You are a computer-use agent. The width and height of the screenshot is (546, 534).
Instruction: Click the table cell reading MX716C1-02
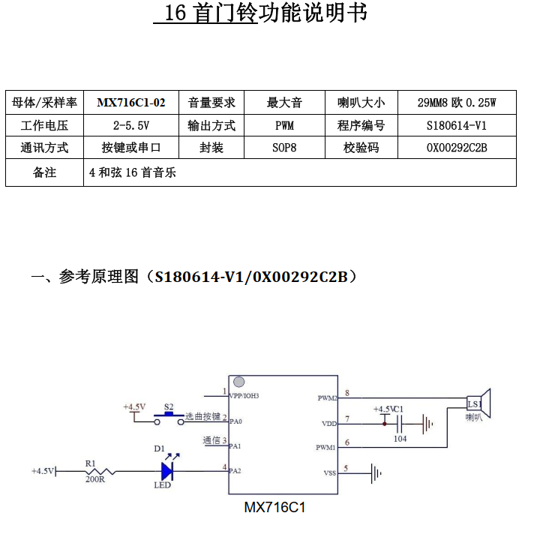[x=131, y=103]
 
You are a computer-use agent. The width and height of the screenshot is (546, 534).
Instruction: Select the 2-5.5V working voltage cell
[x=131, y=125]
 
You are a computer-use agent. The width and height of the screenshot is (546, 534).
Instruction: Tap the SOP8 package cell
[x=284, y=148]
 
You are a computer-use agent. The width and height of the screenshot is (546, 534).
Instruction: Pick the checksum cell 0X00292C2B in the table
[x=457, y=148]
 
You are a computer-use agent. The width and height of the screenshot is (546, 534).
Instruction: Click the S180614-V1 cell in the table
[x=457, y=125]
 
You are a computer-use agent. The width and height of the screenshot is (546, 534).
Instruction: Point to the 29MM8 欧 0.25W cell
[x=457, y=103]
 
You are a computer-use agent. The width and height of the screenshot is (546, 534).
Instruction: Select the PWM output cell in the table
[x=284, y=125]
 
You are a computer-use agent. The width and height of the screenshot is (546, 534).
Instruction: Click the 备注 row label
[x=44, y=172]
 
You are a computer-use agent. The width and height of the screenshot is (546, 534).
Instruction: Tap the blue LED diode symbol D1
[x=167, y=471]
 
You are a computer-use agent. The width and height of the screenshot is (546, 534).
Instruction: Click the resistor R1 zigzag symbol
[x=100, y=472]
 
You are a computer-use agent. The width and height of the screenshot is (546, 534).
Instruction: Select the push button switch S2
[x=169, y=418]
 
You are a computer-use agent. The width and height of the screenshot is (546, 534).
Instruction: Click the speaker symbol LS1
[x=478, y=403]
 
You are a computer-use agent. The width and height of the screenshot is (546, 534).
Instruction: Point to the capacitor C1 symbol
[x=400, y=424]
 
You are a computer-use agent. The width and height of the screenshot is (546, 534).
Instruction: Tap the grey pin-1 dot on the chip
[x=238, y=382]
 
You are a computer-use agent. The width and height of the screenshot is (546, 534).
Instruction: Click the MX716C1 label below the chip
[x=274, y=507]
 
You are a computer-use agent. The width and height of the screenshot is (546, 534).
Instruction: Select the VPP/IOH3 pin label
[x=244, y=396]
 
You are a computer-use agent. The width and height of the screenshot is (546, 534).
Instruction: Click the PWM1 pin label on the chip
[x=325, y=447]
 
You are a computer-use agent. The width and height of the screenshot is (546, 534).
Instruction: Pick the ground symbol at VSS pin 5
[x=376, y=473]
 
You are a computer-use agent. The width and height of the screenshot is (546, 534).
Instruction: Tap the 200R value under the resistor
[x=95, y=479]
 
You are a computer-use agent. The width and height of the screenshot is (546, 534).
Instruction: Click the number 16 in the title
[x=175, y=13]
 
